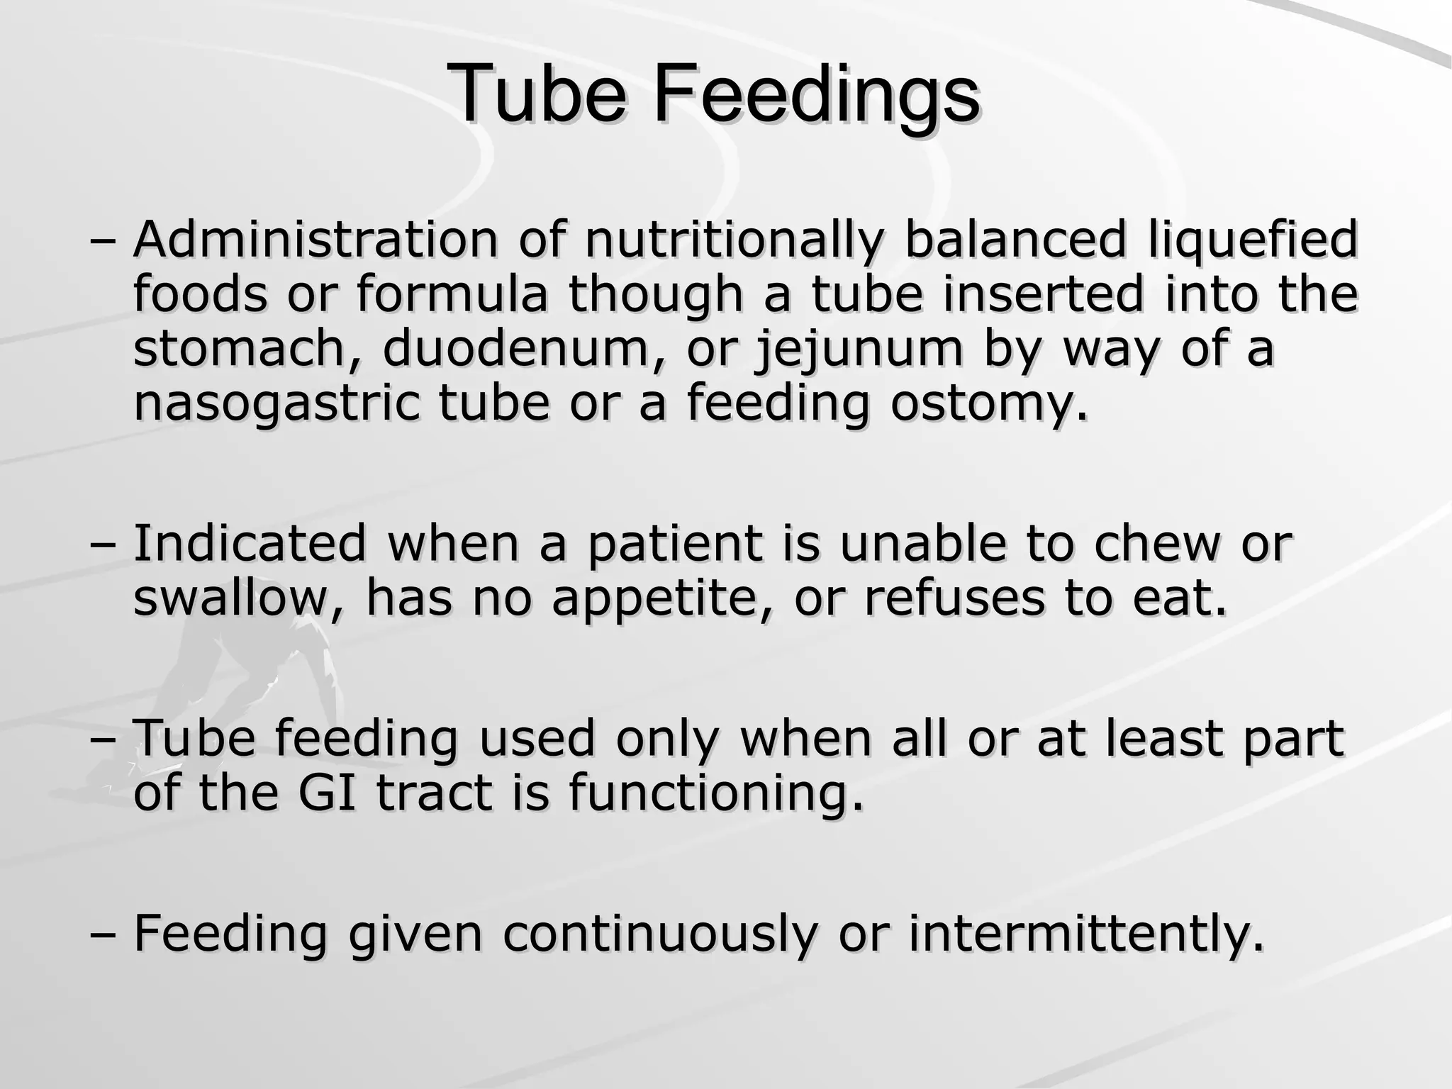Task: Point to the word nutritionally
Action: (x=733, y=241)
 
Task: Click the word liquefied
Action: (x=1251, y=241)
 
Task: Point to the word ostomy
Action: (x=988, y=404)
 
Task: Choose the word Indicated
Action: (x=250, y=543)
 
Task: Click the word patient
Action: (x=674, y=544)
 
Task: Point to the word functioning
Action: (x=716, y=794)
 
